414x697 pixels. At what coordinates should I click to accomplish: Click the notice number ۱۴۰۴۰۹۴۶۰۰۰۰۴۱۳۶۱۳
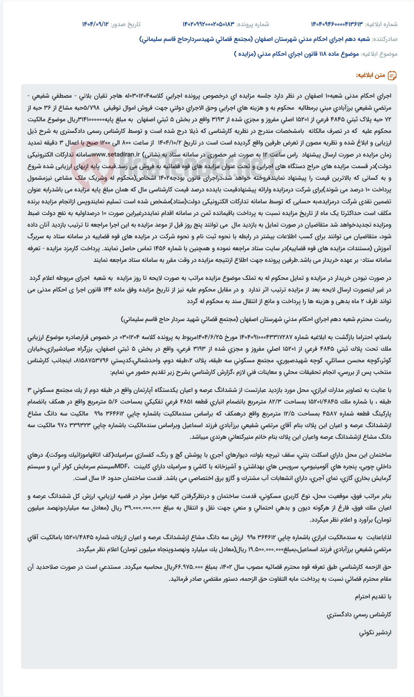tap(336, 24)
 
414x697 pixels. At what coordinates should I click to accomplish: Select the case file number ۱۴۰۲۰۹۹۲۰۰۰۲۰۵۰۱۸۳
tap(208, 24)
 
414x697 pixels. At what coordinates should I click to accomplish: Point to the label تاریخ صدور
tap(126, 24)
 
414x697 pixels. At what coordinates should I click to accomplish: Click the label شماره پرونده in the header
tap(252, 24)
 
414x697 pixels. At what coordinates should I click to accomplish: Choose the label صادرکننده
tap(385, 39)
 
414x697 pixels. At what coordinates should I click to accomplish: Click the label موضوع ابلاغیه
tap(379, 54)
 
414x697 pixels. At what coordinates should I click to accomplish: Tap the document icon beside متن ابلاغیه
tap(392, 75)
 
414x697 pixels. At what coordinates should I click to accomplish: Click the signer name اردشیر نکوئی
tap(375, 633)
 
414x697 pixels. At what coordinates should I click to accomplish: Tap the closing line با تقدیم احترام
tap(373, 597)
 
